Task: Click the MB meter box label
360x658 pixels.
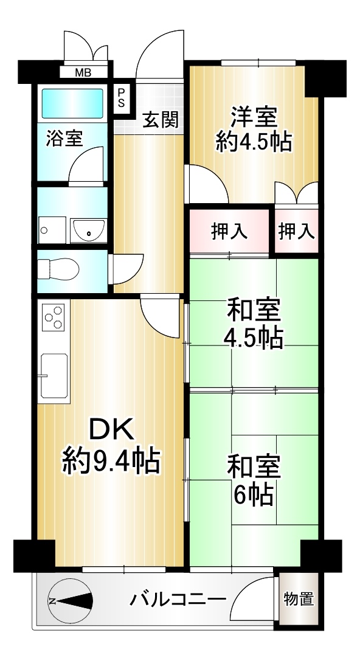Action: point(83,72)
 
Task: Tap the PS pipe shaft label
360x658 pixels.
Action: point(121,97)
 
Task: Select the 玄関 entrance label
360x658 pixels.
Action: point(160,120)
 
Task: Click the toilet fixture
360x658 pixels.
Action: point(58,269)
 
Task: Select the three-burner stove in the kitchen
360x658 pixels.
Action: point(53,317)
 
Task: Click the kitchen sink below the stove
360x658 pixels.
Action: point(54,375)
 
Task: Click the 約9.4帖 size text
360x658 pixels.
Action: point(111,461)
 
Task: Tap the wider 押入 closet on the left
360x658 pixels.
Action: point(229,232)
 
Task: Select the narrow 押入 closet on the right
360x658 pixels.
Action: point(297,231)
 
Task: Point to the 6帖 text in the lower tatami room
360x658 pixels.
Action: point(254,494)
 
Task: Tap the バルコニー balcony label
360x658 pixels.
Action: point(178,599)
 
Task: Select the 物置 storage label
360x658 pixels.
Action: point(299,599)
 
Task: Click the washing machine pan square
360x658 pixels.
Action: point(52,230)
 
